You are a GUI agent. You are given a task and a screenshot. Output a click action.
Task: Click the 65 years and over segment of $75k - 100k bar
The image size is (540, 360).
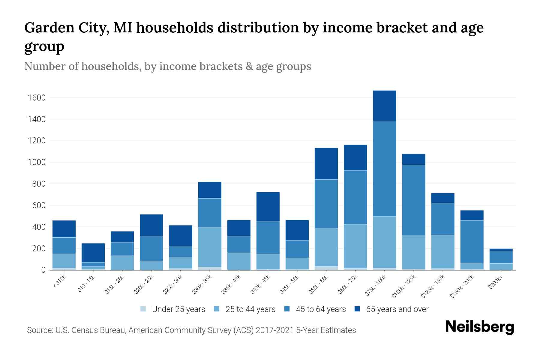384,106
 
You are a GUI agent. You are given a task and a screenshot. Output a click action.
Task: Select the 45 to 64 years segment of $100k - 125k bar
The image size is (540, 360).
413,200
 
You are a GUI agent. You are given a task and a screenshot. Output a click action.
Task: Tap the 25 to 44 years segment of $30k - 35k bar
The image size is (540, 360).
210,247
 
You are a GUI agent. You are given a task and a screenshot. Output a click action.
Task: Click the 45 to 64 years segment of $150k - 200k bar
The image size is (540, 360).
472,241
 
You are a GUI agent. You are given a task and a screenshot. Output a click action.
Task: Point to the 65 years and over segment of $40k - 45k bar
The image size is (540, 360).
268,206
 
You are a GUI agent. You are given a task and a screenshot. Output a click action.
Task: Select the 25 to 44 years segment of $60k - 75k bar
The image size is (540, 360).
355,246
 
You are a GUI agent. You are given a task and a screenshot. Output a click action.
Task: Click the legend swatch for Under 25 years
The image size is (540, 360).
143,309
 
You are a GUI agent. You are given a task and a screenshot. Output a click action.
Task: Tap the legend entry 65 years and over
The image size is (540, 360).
397,309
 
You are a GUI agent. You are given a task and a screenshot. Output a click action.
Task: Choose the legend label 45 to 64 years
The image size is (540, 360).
320,309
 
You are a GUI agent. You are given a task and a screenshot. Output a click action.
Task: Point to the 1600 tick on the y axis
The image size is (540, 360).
37,98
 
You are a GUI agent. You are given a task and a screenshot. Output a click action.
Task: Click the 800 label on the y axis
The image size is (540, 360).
39,184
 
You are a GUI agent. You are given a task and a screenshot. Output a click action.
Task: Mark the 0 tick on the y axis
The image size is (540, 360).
43,270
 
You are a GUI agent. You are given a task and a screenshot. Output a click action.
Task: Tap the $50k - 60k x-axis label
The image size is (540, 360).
318,284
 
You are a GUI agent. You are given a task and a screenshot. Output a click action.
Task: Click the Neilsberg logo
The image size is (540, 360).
479,327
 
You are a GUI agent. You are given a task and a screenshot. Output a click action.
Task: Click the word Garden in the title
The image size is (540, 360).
49,28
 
